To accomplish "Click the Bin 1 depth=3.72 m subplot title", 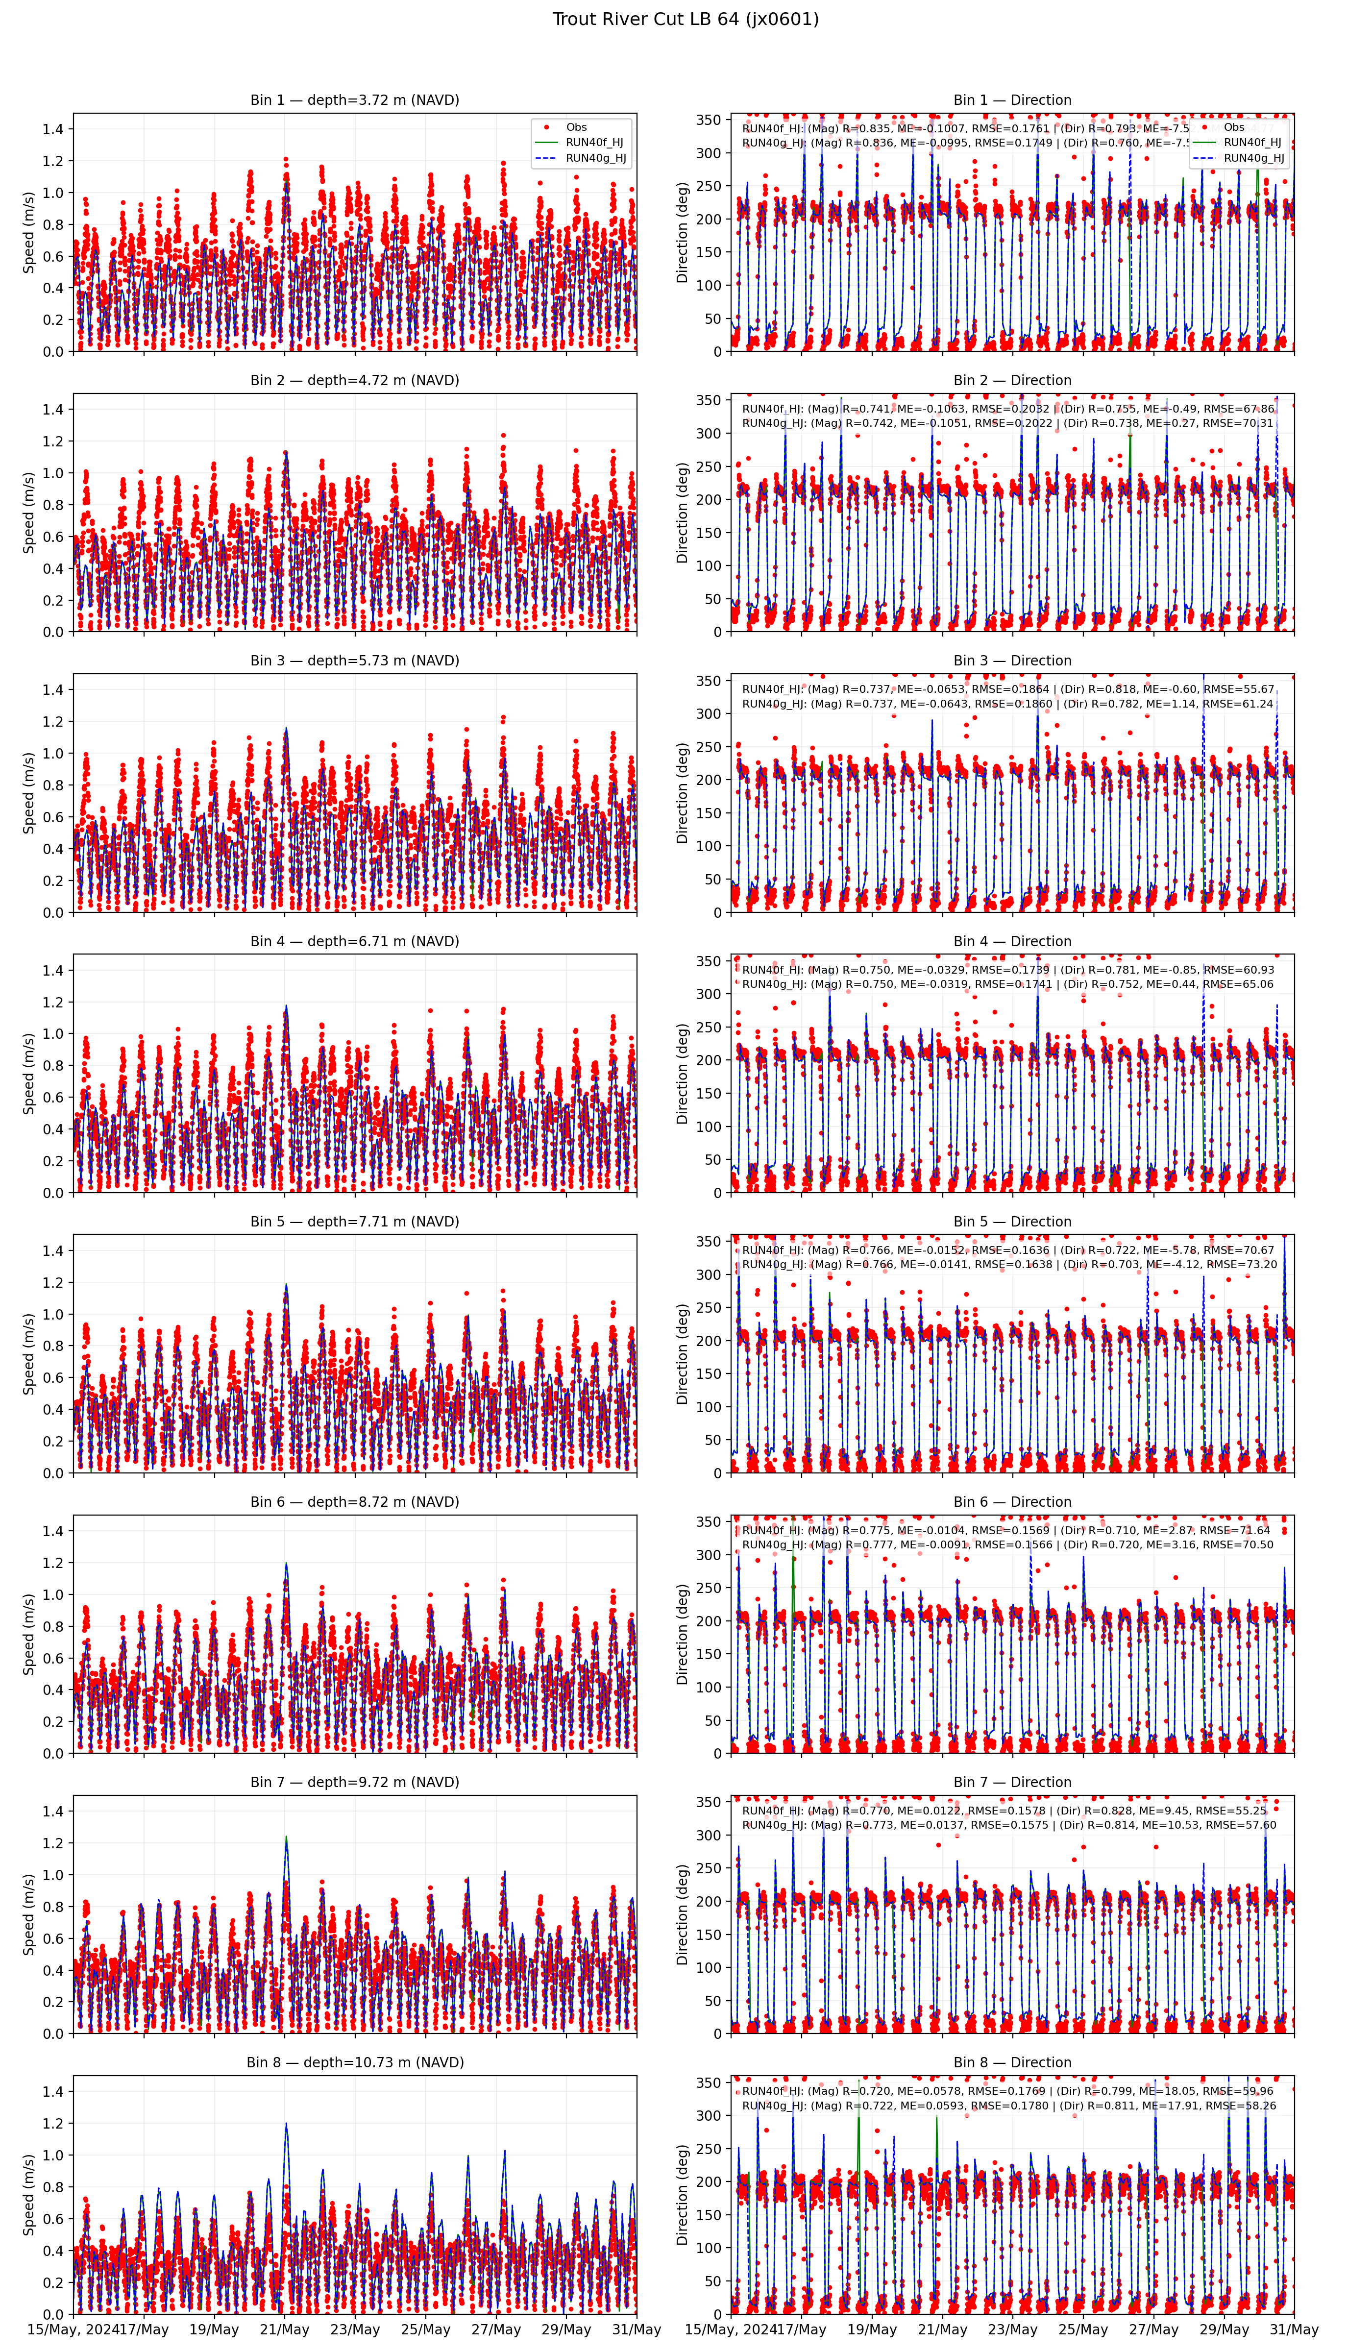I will pos(355,100).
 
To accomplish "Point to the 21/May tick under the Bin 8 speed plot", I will pos(285,2329).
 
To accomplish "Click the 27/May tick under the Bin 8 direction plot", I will pos(1153,2329).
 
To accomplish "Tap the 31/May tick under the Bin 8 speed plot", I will pos(637,2329).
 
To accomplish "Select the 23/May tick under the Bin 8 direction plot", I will pos(1013,2329).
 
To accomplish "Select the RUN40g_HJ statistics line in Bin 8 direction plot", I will pos(1008,2106).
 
